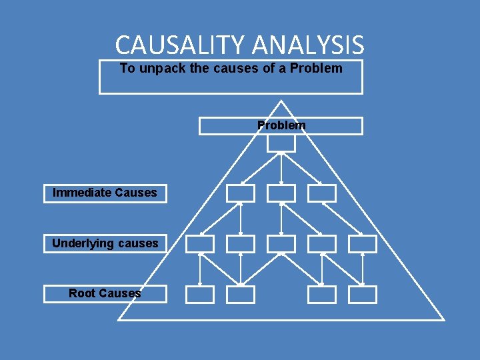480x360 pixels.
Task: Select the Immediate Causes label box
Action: click(105, 193)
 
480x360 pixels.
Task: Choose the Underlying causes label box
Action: click(105, 243)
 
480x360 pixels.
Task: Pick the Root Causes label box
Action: click(105, 293)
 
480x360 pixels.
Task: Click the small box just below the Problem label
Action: click(281, 143)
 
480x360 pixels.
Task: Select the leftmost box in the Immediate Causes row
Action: click(240, 193)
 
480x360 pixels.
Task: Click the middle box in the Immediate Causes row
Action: click(281, 193)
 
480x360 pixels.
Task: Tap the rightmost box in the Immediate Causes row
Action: click(321, 193)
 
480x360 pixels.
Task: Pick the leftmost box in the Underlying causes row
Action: click(199, 244)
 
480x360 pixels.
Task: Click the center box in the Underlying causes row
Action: click(281, 244)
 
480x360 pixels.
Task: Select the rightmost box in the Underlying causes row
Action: click(362, 244)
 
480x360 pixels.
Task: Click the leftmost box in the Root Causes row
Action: click(199, 295)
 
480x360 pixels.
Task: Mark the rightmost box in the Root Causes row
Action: click(362, 295)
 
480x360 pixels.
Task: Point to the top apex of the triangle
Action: click(281, 101)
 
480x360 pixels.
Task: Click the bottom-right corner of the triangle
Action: click(443, 319)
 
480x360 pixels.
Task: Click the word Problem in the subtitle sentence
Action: click(316, 68)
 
